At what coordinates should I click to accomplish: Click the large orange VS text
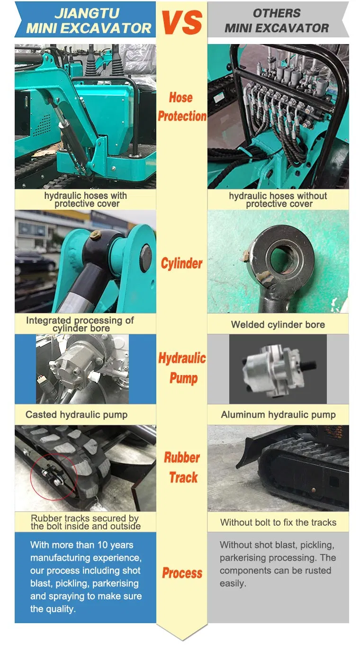[181, 22]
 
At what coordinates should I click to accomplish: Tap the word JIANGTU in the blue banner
[87, 13]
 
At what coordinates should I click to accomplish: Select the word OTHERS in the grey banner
[276, 13]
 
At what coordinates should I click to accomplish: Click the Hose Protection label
[182, 107]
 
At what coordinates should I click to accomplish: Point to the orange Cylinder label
[181, 263]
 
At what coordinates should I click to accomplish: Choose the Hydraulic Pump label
[182, 368]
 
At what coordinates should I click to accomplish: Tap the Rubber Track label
[182, 467]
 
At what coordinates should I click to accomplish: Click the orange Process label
[182, 573]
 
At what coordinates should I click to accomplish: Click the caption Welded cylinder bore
[278, 324]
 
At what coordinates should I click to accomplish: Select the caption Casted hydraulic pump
[76, 414]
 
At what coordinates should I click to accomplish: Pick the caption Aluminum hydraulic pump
[278, 414]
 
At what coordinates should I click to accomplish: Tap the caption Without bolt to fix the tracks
[278, 522]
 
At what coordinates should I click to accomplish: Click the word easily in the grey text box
[233, 583]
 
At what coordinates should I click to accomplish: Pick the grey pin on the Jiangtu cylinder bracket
[146, 258]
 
